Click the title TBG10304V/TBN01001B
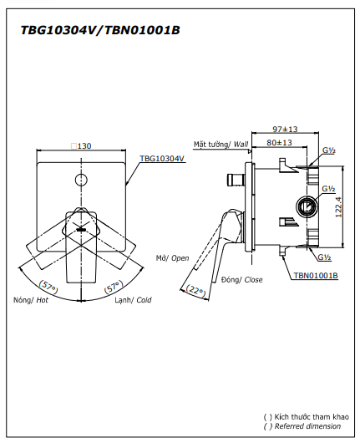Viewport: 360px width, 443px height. (x=100, y=30)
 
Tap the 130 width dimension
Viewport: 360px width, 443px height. (x=81, y=145)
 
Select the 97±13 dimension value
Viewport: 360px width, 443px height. (x=285, y=129)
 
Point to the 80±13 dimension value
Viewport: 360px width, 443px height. (x=279, y=142)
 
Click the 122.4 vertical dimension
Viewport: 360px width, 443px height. (x=338, y=206)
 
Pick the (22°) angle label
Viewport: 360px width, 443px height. (x=196, y=290)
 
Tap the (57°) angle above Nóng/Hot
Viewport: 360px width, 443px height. (x=48, y=287)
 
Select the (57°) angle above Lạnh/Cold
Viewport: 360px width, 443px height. (x=114, y=287)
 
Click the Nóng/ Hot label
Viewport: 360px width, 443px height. (x=31, y=300)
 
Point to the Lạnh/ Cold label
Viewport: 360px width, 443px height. (x=133, y=300)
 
